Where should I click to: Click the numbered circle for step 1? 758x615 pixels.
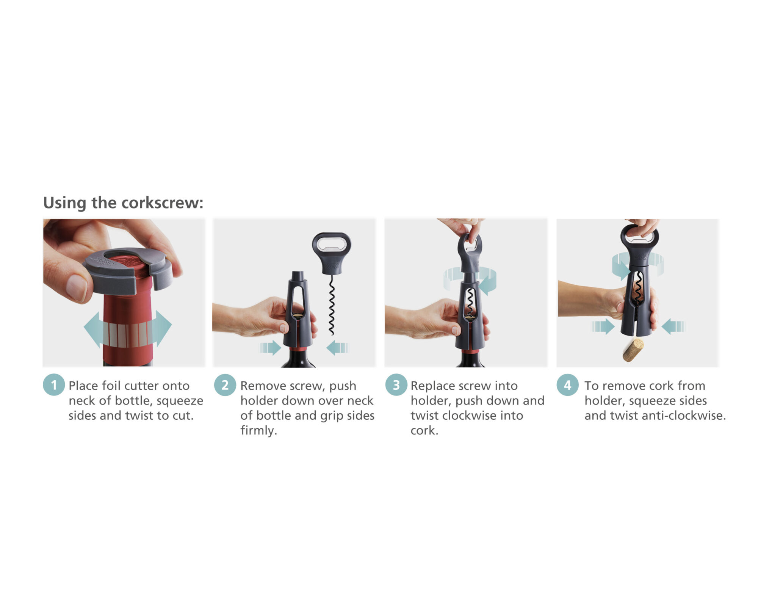click(54, 385)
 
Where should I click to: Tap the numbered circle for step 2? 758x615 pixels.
click(225, 385)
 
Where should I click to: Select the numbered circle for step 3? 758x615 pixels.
click(396, 385)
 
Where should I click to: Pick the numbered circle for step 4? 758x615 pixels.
click(567, 385)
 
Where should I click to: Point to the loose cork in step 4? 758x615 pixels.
click(633, 350)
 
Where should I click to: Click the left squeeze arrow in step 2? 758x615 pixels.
click(270, 347)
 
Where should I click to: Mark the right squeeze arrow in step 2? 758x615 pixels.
click(337, 347)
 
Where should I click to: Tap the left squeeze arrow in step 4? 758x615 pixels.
click(603, 326)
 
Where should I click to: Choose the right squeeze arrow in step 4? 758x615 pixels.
click(673, 326)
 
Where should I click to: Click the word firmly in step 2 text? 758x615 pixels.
click(258, 431)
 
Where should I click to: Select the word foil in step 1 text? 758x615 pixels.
click(110, 386)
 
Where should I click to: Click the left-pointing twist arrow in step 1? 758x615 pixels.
click(94, 329)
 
